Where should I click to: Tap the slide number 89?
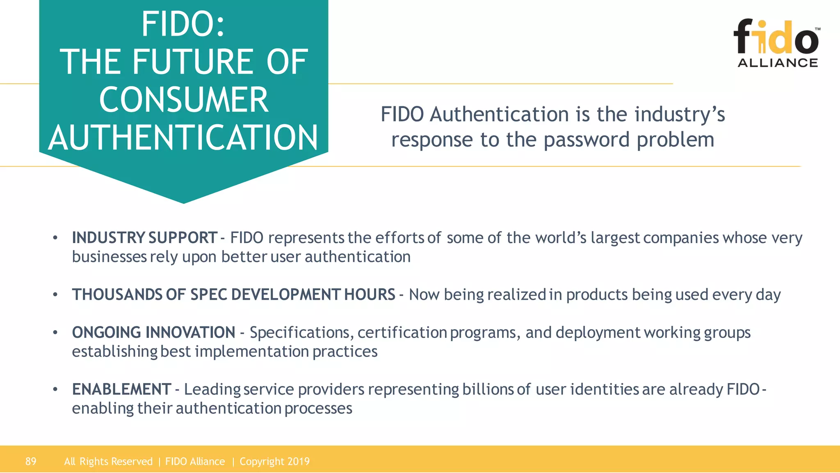click(x=31, y=462)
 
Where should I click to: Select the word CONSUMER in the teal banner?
click(x=184, y=100)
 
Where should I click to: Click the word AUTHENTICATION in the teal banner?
click(x=183, y=138)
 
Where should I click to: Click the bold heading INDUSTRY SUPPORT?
click(x=144, y=238)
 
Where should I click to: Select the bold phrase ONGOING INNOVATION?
click(x=153, y=333)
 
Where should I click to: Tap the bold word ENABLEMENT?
click(x=121, y=389)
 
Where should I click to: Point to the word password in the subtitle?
click(x=587, y=140)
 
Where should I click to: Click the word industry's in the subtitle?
click(x=680, y=115)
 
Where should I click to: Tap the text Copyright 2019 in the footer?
click(x=274, y=462)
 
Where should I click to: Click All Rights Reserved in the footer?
click(x=108, y=462)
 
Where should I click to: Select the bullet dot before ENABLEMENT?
click(x=55, y=389)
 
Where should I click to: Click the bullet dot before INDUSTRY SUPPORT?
click(x=55, y=238)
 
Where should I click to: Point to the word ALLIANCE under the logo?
click(x=778, y=63)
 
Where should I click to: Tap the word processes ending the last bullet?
click(x=318, y=409)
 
